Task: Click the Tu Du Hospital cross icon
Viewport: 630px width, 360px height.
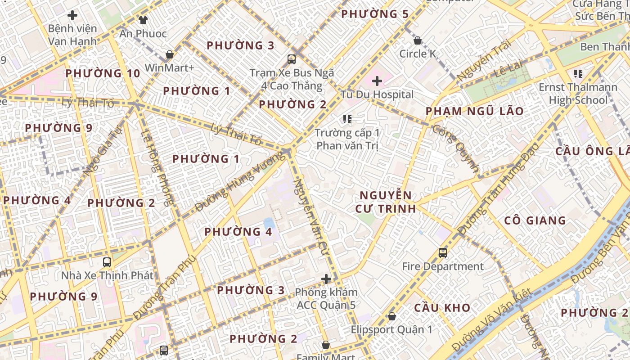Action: [x=377, y=81]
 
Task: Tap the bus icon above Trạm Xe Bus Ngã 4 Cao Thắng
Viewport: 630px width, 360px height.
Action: [x=292, y=59]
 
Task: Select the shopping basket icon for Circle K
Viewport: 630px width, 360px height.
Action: [x=418, y=40]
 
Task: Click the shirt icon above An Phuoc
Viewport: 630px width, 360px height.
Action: [x=143, y=20]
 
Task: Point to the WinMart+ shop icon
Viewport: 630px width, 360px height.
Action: [x=170, y=54]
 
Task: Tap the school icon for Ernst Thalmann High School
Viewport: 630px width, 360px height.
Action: [x=578, y=73]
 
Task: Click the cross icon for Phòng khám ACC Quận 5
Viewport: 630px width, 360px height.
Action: [x=326, y=279]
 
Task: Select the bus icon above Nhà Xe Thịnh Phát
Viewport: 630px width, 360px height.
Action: [x=107, y=262]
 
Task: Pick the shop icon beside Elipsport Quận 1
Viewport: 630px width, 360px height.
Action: [x=392, y=316]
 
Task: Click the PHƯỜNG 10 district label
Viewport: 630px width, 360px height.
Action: [x=103, y=73]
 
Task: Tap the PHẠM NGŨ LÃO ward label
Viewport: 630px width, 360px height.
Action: [x=475, y=111]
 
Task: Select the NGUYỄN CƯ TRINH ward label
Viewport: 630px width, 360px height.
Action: [x=385, y=202]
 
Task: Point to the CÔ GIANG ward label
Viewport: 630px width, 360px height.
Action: [x=535, y=220]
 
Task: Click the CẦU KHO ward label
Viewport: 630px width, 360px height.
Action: [x=442, y=308]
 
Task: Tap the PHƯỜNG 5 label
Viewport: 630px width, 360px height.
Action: [x=375, y=14]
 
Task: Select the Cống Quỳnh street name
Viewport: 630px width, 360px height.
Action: [x=455, y=148]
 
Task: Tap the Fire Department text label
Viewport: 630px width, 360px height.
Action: [x=443, y=266]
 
